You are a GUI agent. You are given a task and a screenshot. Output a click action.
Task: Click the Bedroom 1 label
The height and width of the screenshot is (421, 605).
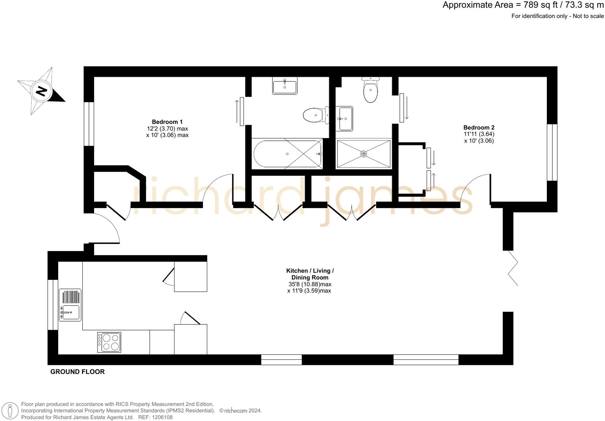point(167,122)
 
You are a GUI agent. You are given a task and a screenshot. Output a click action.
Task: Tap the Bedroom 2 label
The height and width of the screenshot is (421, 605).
point(479,127)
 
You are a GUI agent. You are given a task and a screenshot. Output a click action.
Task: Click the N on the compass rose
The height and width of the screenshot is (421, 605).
point(41,91)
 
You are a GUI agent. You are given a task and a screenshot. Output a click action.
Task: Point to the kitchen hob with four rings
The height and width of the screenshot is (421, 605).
point(109,342)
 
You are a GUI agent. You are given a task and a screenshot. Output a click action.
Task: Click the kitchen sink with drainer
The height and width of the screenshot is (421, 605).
point(70,305)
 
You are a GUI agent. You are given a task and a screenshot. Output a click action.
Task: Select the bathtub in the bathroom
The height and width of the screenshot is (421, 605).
point(287,154)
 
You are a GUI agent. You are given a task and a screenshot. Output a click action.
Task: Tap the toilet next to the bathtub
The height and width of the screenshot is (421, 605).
point(315,115)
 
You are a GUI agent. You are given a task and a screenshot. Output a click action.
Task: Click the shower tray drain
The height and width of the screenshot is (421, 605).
point(363,154)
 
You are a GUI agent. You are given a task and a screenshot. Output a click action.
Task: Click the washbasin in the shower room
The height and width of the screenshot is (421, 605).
point(345,119)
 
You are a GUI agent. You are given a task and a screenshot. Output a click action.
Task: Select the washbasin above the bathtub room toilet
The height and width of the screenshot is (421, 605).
point(285,86)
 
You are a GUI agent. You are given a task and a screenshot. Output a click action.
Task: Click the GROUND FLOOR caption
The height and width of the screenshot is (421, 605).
point(77,372)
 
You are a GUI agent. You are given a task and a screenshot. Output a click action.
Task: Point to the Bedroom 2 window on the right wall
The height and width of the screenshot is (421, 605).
point(552,152)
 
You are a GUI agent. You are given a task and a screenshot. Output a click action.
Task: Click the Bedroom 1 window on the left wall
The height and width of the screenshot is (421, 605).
point(89,124)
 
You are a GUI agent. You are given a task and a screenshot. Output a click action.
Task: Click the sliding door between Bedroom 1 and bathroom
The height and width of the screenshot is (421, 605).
point(242,111)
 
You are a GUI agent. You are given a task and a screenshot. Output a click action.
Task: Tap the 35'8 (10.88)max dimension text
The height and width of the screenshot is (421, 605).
point(310,284)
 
